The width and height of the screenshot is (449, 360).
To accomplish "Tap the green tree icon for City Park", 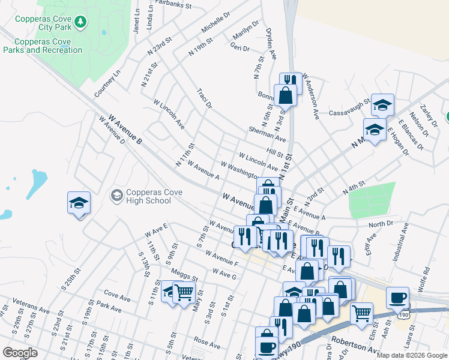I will tap(80, 23).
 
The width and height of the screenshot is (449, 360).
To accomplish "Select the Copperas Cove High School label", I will tap(149, 196).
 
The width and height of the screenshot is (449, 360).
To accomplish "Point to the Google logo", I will tap(20, 353).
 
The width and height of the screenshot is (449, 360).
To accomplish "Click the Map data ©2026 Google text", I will tap(411, 355).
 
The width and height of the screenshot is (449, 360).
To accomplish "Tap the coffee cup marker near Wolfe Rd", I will tap(397, 298).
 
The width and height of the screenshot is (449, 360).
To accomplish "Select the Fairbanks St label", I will tap(172, 5).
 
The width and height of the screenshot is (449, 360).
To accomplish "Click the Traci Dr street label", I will tap(205, 98).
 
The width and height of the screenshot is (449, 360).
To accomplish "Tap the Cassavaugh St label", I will tap(349, 112).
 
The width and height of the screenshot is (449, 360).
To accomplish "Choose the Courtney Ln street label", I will tap(107, 83).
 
